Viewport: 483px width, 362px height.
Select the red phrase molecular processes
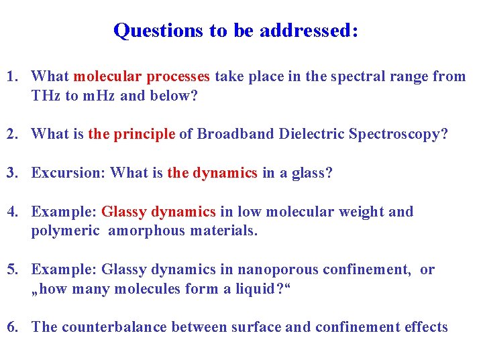point(142,76)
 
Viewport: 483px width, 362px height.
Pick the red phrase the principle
point(131,134)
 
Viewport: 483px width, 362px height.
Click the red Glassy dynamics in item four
point(158,212)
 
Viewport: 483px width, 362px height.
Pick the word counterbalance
point(114,327)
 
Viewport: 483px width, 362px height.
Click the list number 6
point(11,327)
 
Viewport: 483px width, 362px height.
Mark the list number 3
point(11,173)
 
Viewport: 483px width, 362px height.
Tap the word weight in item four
point(366,212)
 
